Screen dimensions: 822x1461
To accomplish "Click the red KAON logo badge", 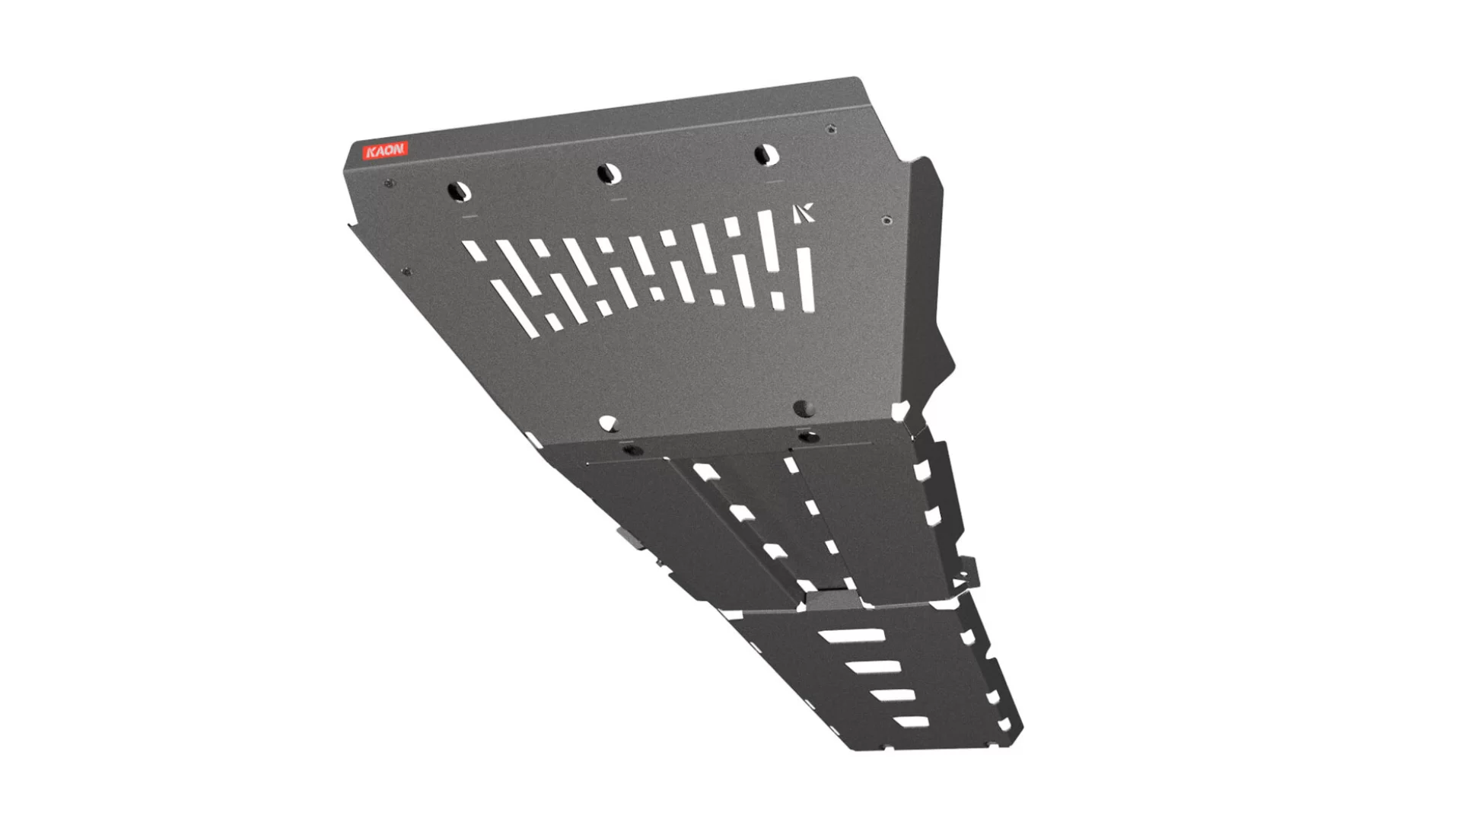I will (x=386, y=151).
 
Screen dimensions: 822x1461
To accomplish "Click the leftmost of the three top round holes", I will (x=460, y=192).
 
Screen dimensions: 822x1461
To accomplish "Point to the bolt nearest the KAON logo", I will (x=390, y=183).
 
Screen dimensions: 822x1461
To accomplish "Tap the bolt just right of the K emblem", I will (x=886, y=221).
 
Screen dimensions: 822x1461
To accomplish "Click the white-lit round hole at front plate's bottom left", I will (x=607, y=422).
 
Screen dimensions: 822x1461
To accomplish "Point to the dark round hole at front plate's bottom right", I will (x=804, y=409).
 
